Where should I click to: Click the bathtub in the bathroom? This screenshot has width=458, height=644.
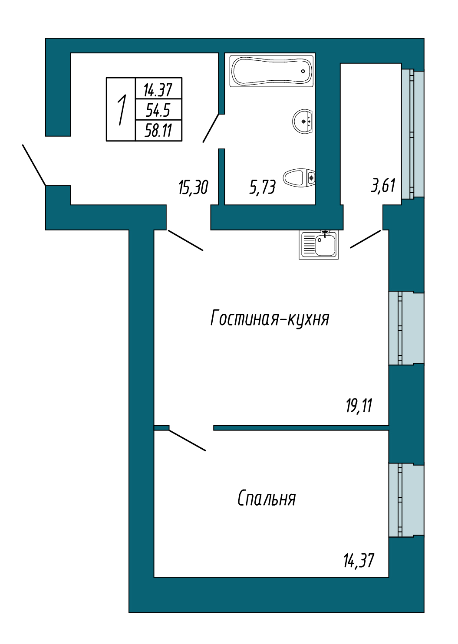(x=272, y=70)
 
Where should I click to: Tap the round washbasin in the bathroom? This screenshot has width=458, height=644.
(x=303, y=121)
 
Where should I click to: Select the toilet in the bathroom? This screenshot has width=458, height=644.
(x=299, y=177)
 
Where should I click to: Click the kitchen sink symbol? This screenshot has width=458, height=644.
(x=319, y=245)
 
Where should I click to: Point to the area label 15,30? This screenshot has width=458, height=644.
(x=193, y=187)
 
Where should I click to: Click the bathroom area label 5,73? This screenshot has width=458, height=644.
(x=263, y=187)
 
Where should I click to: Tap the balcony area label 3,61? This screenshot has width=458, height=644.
(x=383, y=186)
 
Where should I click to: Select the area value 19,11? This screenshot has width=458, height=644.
(x=359, y=406)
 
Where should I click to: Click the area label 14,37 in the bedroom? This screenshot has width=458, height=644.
(x=359, y=561)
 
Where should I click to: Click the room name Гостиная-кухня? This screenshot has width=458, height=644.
(x=270, y=319)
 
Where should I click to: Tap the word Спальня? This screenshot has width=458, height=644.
(x=267, y=499)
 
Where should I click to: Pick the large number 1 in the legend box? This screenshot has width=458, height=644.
(x=122, y=110)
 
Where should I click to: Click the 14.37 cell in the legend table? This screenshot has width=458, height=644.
(x=158, y=90)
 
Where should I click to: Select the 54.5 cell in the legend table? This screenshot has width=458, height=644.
(x=158, y=110)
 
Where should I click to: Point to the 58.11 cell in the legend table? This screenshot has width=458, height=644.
(x=158, y=130)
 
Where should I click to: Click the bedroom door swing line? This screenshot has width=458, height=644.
(x=187, y=440)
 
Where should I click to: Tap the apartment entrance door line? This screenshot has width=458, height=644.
(x=34, y=165)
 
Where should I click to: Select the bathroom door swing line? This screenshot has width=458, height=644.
(x=211, y=128)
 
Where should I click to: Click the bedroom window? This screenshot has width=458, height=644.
(x=405, y=500)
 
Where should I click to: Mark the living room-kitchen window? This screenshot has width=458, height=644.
(x=405, y=328)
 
